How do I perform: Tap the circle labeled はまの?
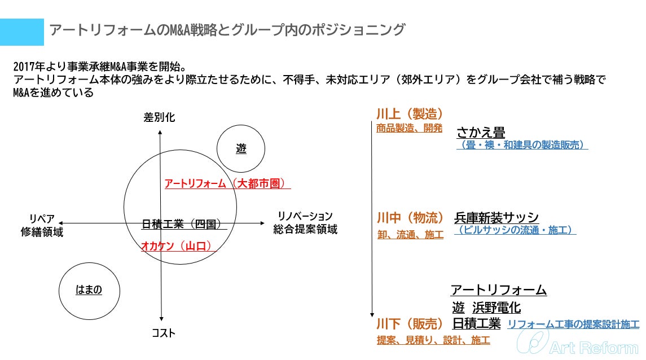click(89, 290)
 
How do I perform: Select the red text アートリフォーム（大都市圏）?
click(227, 183)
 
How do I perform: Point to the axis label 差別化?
click(160, 117)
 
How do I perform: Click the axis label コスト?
click(164, 333)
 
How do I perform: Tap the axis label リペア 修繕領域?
click(42, 225)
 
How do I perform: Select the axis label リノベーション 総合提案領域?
click(305, 223)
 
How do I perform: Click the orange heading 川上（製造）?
click(409, 113)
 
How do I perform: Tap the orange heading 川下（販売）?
click(410, 324)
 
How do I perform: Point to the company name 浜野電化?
click(496, 308)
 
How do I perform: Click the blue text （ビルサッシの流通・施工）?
click(515, 230)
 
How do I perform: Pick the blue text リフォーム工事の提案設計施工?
click(573, 324)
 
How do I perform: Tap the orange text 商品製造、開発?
click(409, 128)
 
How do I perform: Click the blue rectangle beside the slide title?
click(22, 32)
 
